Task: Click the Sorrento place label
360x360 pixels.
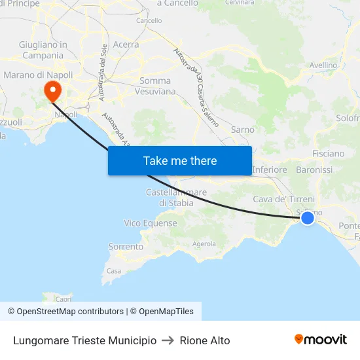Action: pyautogui.click(x=126, y=247)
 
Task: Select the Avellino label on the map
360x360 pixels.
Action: pyautogui.click(x=323, y=65)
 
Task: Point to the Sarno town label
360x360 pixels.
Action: pyautogui.click(x=242, y=130)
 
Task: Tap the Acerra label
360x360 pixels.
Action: pyautogui.click(x=126, y=45)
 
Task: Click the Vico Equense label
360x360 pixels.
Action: pyautogui.click(x=151, y=223)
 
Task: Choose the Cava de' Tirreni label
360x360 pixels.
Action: pyautogui.click(x=283, y=199)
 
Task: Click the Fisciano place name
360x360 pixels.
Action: pyautogui.click(x=328, y=153)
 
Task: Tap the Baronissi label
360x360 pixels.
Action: pyautogui.click(x=314, y=170)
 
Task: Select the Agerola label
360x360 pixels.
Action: pyautogui.click(x=204, y=244)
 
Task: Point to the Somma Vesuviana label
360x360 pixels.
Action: pyautogui.click(x=158, y=86)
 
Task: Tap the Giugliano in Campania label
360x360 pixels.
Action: pyautogui.click(x=43, y=50)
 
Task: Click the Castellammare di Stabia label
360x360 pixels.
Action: pyautogui.click(x=176, y=198)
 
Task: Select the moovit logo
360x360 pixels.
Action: pyautogui.click(x=320, y=339)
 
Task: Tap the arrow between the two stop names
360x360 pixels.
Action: pyautogui.click(x=168, y=340)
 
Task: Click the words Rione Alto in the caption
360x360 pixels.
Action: pyautogui.click(x=205, y=340)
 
